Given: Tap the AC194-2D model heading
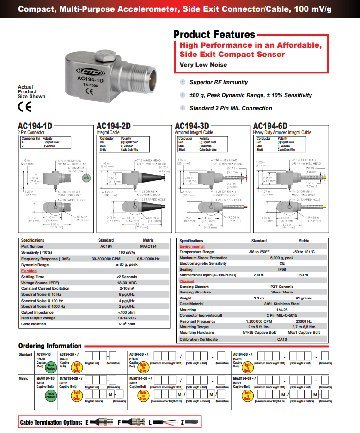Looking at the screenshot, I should click(113, 126).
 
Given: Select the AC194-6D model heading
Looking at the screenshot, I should click(270, 126).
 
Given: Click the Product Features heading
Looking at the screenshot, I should click(214, 35).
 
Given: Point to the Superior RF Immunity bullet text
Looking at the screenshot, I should click(219, 82).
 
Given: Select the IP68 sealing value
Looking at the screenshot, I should click(282, 269).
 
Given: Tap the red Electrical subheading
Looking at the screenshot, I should click(29, 271).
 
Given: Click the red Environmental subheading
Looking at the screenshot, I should click(192, 247).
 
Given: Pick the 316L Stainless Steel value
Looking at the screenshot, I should click(282, 304).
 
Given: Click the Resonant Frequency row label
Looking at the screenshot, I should click(197, 321).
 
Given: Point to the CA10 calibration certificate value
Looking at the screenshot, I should click(282, 339).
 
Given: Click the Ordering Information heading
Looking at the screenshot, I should click(50, 346).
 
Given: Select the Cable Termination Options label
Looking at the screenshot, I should click(51, 422).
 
